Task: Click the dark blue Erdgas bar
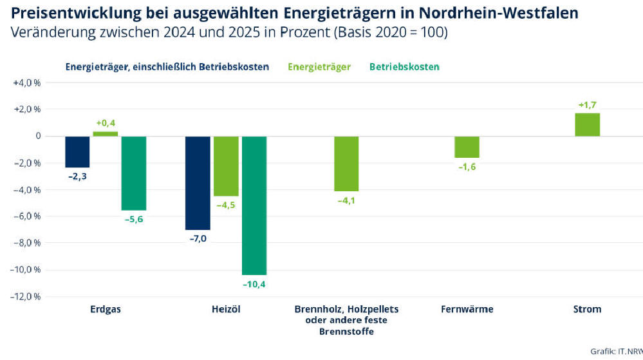click(x=77, y=151)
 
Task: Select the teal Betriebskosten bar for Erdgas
click(x=134, y=173)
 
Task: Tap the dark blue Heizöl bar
click(x=198, y=183)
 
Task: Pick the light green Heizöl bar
click(x=226, y=166)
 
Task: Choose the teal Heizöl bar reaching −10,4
click(x=254, y=205)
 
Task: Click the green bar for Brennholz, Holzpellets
click(x=346, y=164)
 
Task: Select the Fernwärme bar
click(x=467, y=147)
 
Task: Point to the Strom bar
click(x=587, y=125)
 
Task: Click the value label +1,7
click(x=587, y=105)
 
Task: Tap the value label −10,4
click(x=254, y=283)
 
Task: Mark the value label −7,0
click(x=198, y=238)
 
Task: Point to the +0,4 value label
click(x=106, y=123)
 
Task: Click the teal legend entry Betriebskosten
click(x=404, y=67)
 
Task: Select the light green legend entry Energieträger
click(x=319, y=67)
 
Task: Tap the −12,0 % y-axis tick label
click(x=26, y=297)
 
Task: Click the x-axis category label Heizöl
click(x=226, y=309)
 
